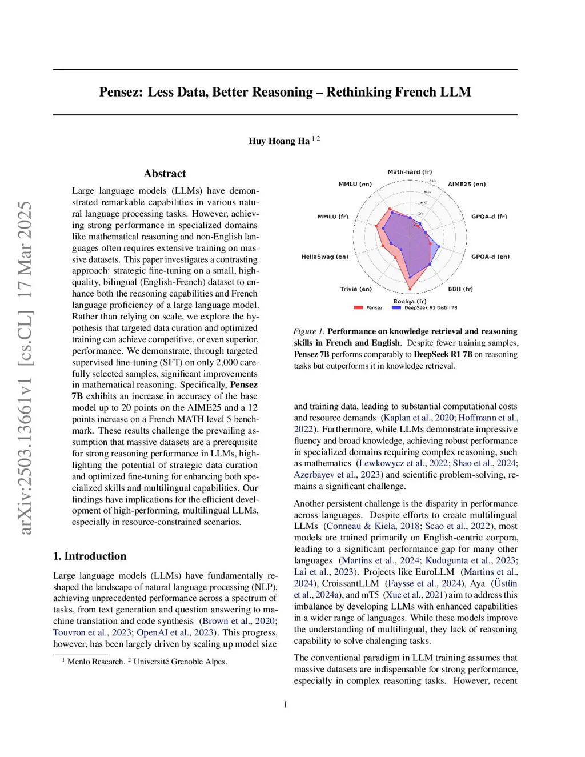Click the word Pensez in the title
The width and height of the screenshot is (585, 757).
(120, 92)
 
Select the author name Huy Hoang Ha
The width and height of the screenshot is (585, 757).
(279, 141)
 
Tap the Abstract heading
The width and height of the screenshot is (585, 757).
(165, 174)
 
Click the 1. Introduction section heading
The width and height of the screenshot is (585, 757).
(90, 556)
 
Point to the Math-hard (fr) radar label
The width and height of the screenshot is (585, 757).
(410, 172)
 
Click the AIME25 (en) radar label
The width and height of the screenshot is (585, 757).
(467, 185)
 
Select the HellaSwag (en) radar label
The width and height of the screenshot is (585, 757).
(324, 257)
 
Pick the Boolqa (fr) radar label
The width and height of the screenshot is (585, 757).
(410, 301)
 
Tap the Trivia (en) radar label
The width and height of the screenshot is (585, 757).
(356, 289)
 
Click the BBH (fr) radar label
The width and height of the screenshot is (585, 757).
(460, 289)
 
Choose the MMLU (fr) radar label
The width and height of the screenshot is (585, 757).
(332, 217)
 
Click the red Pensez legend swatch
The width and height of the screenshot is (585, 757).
(358, 308)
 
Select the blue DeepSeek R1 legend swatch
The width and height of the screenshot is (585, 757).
(396, 308)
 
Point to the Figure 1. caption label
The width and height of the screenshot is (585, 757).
(308, 331)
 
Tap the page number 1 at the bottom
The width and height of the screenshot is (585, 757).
(286, 704)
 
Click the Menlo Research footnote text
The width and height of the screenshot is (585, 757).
(95, 662)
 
